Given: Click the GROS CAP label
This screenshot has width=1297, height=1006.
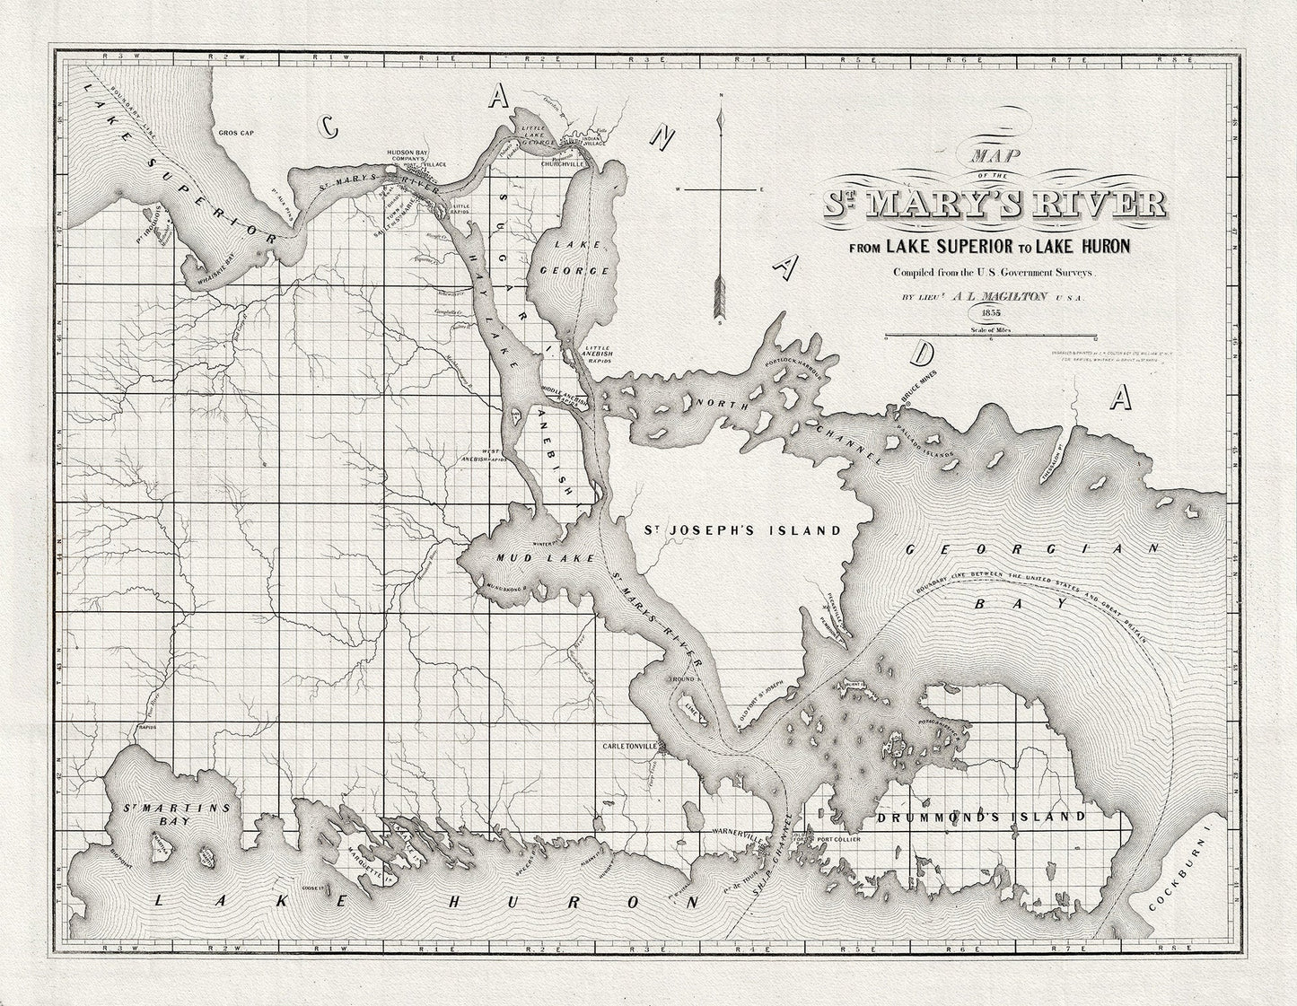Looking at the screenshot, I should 237,132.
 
